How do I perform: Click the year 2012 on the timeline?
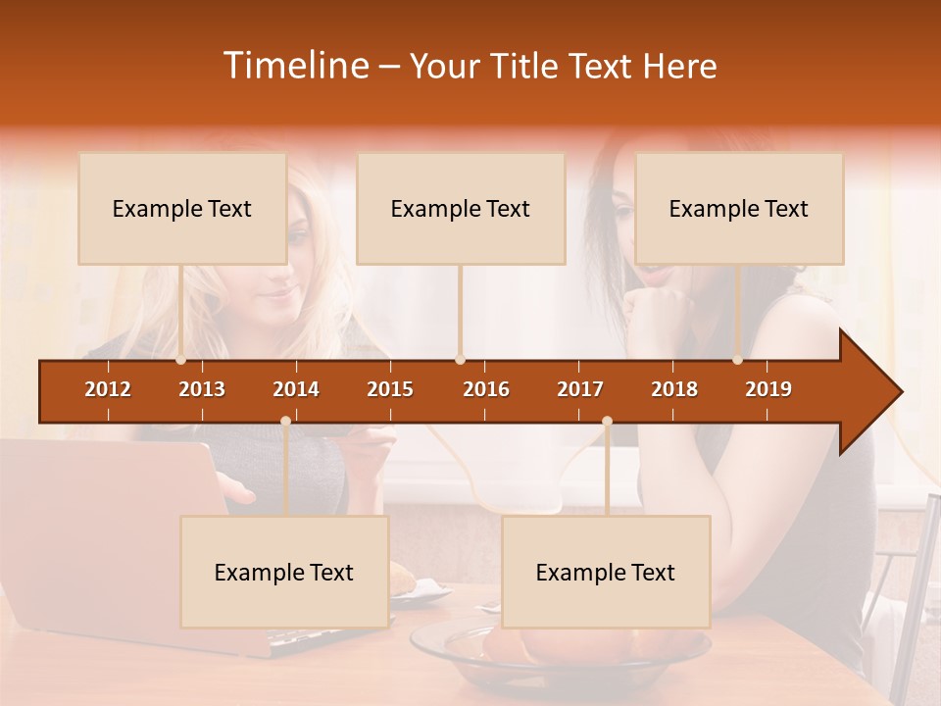click(x=108, y=389)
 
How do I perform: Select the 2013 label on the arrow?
click(x=202, y=389)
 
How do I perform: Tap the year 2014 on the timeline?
click(x=296, y=389)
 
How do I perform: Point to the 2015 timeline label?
click(x=390, y=389)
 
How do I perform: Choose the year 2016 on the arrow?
click(x=486, y=389)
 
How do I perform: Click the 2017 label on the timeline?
click(x=580, y=389)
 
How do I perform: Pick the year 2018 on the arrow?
click(x=674, y=389)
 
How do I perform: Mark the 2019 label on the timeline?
click(x=768, y=389)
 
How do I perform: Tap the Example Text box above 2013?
click(x=182, y=208)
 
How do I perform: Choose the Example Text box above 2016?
click(x=461, y=208)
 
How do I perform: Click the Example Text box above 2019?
click(x=739, y=208)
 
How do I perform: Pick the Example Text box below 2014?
click(x=284, y=572)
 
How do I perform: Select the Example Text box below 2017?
click(x=606, y=572)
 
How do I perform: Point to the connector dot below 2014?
click(x=285, y=421)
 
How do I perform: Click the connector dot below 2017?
click(x=607, y=421)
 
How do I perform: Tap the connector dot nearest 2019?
click(x=738, y=360)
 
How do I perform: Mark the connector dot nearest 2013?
click(x=180, y=360)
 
